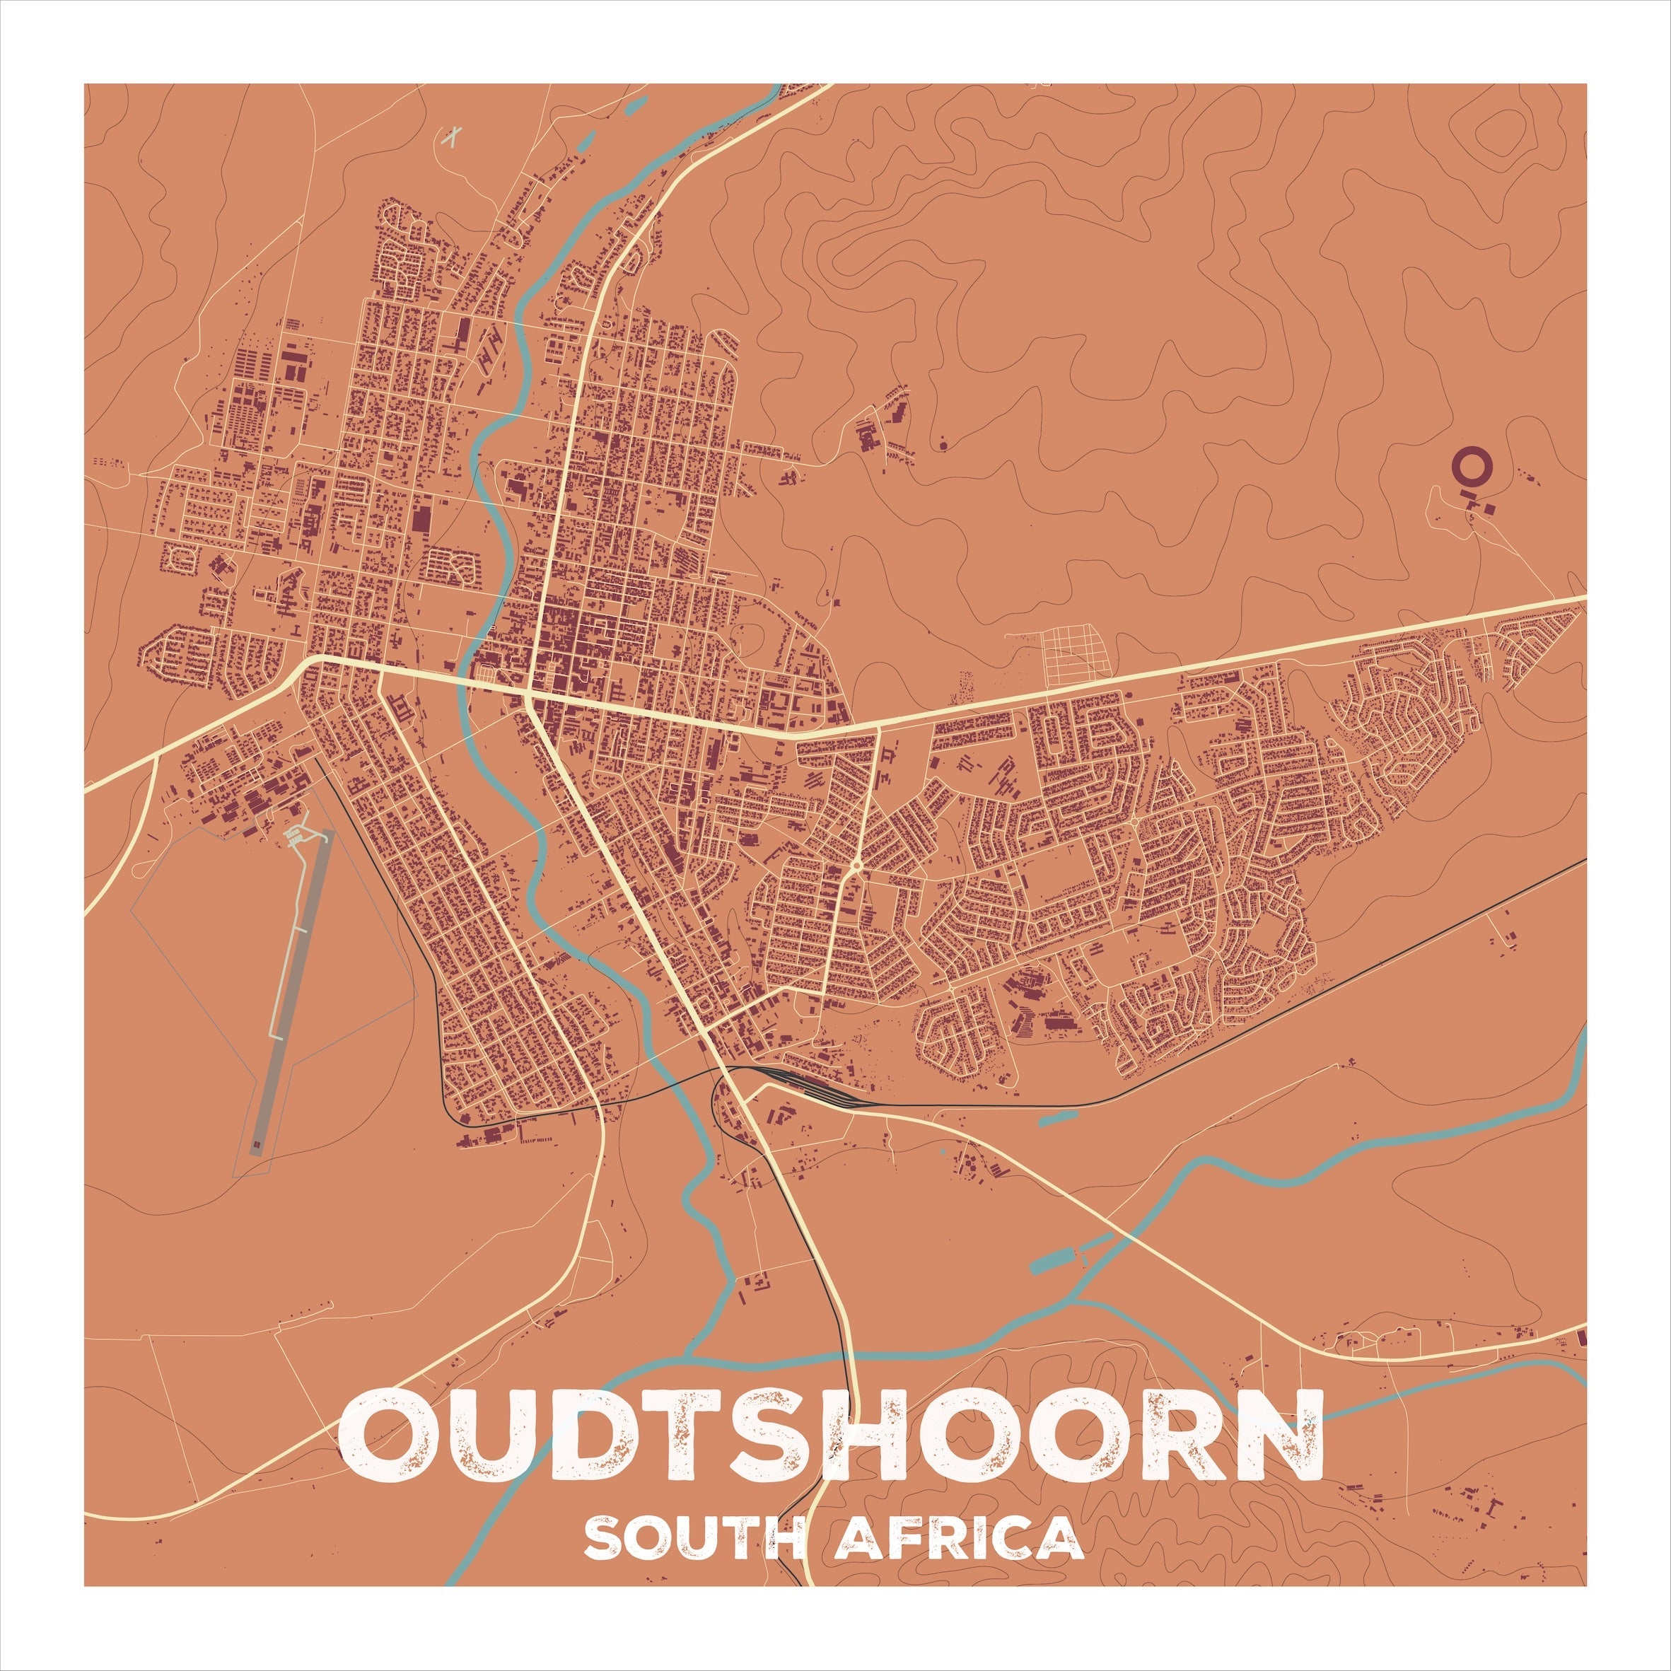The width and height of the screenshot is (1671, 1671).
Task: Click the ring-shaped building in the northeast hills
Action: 1471,465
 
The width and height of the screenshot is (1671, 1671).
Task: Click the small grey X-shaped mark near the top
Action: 451,136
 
